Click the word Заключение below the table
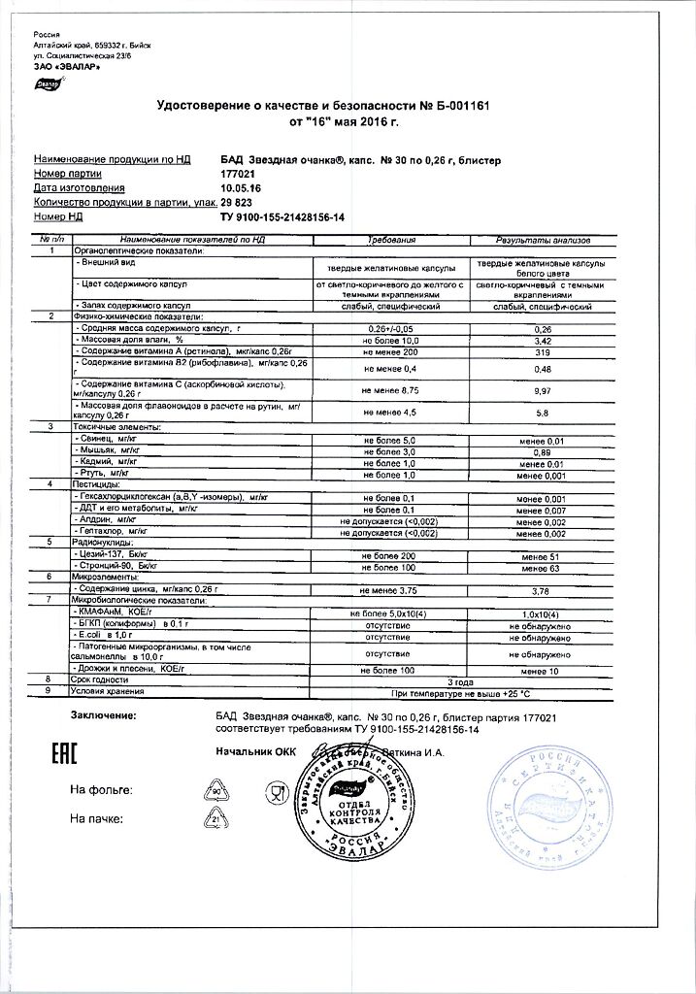click(x=104, y=716)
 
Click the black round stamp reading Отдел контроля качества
click(x=350, y=802)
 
